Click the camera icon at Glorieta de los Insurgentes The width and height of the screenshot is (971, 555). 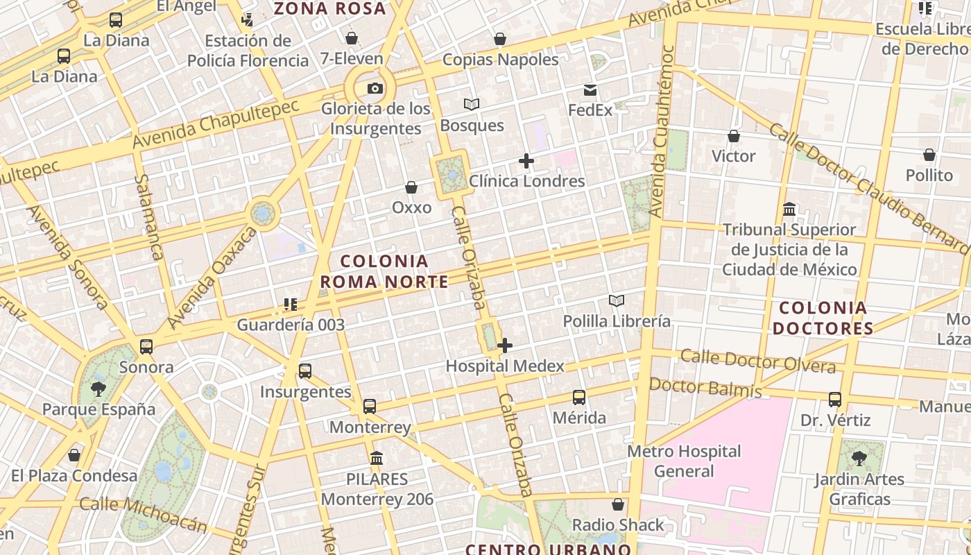tap(375, 88)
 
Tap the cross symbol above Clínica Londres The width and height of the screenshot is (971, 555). tap(526, 162)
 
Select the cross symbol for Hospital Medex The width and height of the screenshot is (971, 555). tap(505, 345)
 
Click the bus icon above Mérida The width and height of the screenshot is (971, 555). tap(579, 398)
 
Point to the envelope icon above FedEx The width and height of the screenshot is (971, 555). tap(590, 90)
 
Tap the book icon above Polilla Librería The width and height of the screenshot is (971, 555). tap(617, 300)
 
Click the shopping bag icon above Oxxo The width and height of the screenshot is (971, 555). tap(411, 187)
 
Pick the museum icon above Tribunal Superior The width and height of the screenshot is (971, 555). tap(789, 209)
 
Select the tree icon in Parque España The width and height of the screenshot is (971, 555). tap(98, 388)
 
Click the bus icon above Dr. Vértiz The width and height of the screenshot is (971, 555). tap(835, 400)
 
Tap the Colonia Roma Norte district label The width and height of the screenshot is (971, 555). tap(384, 271)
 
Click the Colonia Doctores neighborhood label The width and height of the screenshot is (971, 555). tap(823, 318)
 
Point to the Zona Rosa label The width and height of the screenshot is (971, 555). tap(329, 8)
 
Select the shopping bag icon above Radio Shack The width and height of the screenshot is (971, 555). tap(617, 504)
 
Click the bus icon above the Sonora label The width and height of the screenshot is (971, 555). tap(146, 347)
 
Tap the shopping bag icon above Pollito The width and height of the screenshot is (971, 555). tap(929, 155)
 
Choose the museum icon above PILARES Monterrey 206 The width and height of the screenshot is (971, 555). tap(377, 458)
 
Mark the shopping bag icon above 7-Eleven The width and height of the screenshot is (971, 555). tap(352, 37)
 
